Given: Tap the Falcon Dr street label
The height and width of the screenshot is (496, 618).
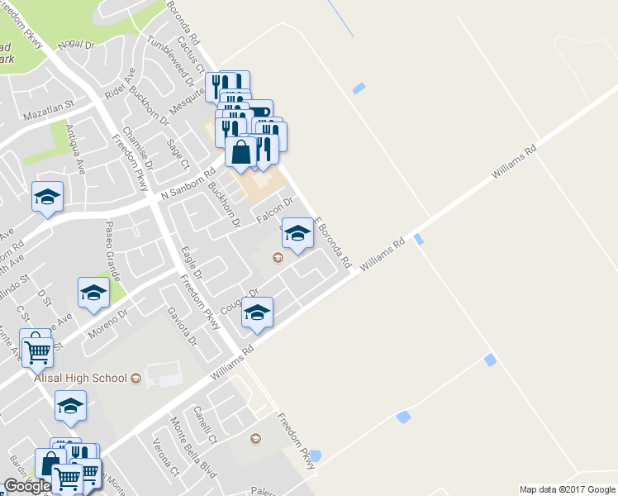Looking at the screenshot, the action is tap(275, 207).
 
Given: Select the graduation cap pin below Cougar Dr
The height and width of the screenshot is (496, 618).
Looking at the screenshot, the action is tap(257, 313).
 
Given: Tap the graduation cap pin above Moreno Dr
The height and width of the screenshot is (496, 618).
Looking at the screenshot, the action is tap(93, 293).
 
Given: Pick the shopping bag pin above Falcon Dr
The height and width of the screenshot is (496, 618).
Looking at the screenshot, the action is tap(241, 152).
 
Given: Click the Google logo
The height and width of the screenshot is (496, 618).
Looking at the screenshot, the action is tap(27, 486).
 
